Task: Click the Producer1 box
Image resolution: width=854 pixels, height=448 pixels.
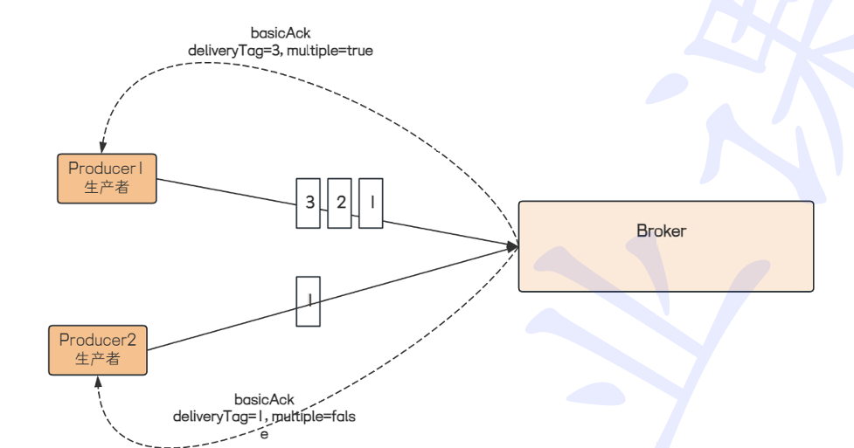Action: [107, 178]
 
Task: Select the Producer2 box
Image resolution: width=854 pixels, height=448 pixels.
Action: [97, 349]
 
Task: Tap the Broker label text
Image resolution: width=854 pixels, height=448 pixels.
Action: [661, 231]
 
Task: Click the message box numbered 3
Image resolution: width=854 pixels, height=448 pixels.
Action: [309, 203]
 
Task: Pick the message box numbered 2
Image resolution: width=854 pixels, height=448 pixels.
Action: [340, 203]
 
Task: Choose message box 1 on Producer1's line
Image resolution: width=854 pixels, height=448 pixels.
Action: [371, 203]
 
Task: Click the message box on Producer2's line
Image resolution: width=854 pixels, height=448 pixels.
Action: [309, 301]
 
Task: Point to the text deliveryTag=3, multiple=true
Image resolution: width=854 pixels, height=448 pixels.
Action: [280, 51]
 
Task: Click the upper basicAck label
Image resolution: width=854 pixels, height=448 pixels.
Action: [280, 33]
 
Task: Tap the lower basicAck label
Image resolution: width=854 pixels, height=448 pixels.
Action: [264, 400]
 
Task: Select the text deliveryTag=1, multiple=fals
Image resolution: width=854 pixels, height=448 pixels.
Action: [264, 417]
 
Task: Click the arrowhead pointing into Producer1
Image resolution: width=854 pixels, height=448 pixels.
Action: [103, 148]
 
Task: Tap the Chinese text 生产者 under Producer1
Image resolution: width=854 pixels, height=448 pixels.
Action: [107, 187]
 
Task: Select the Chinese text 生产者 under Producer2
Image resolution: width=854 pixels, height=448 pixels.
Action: [97, 358]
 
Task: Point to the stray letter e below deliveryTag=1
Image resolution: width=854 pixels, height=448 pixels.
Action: [264, 432]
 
